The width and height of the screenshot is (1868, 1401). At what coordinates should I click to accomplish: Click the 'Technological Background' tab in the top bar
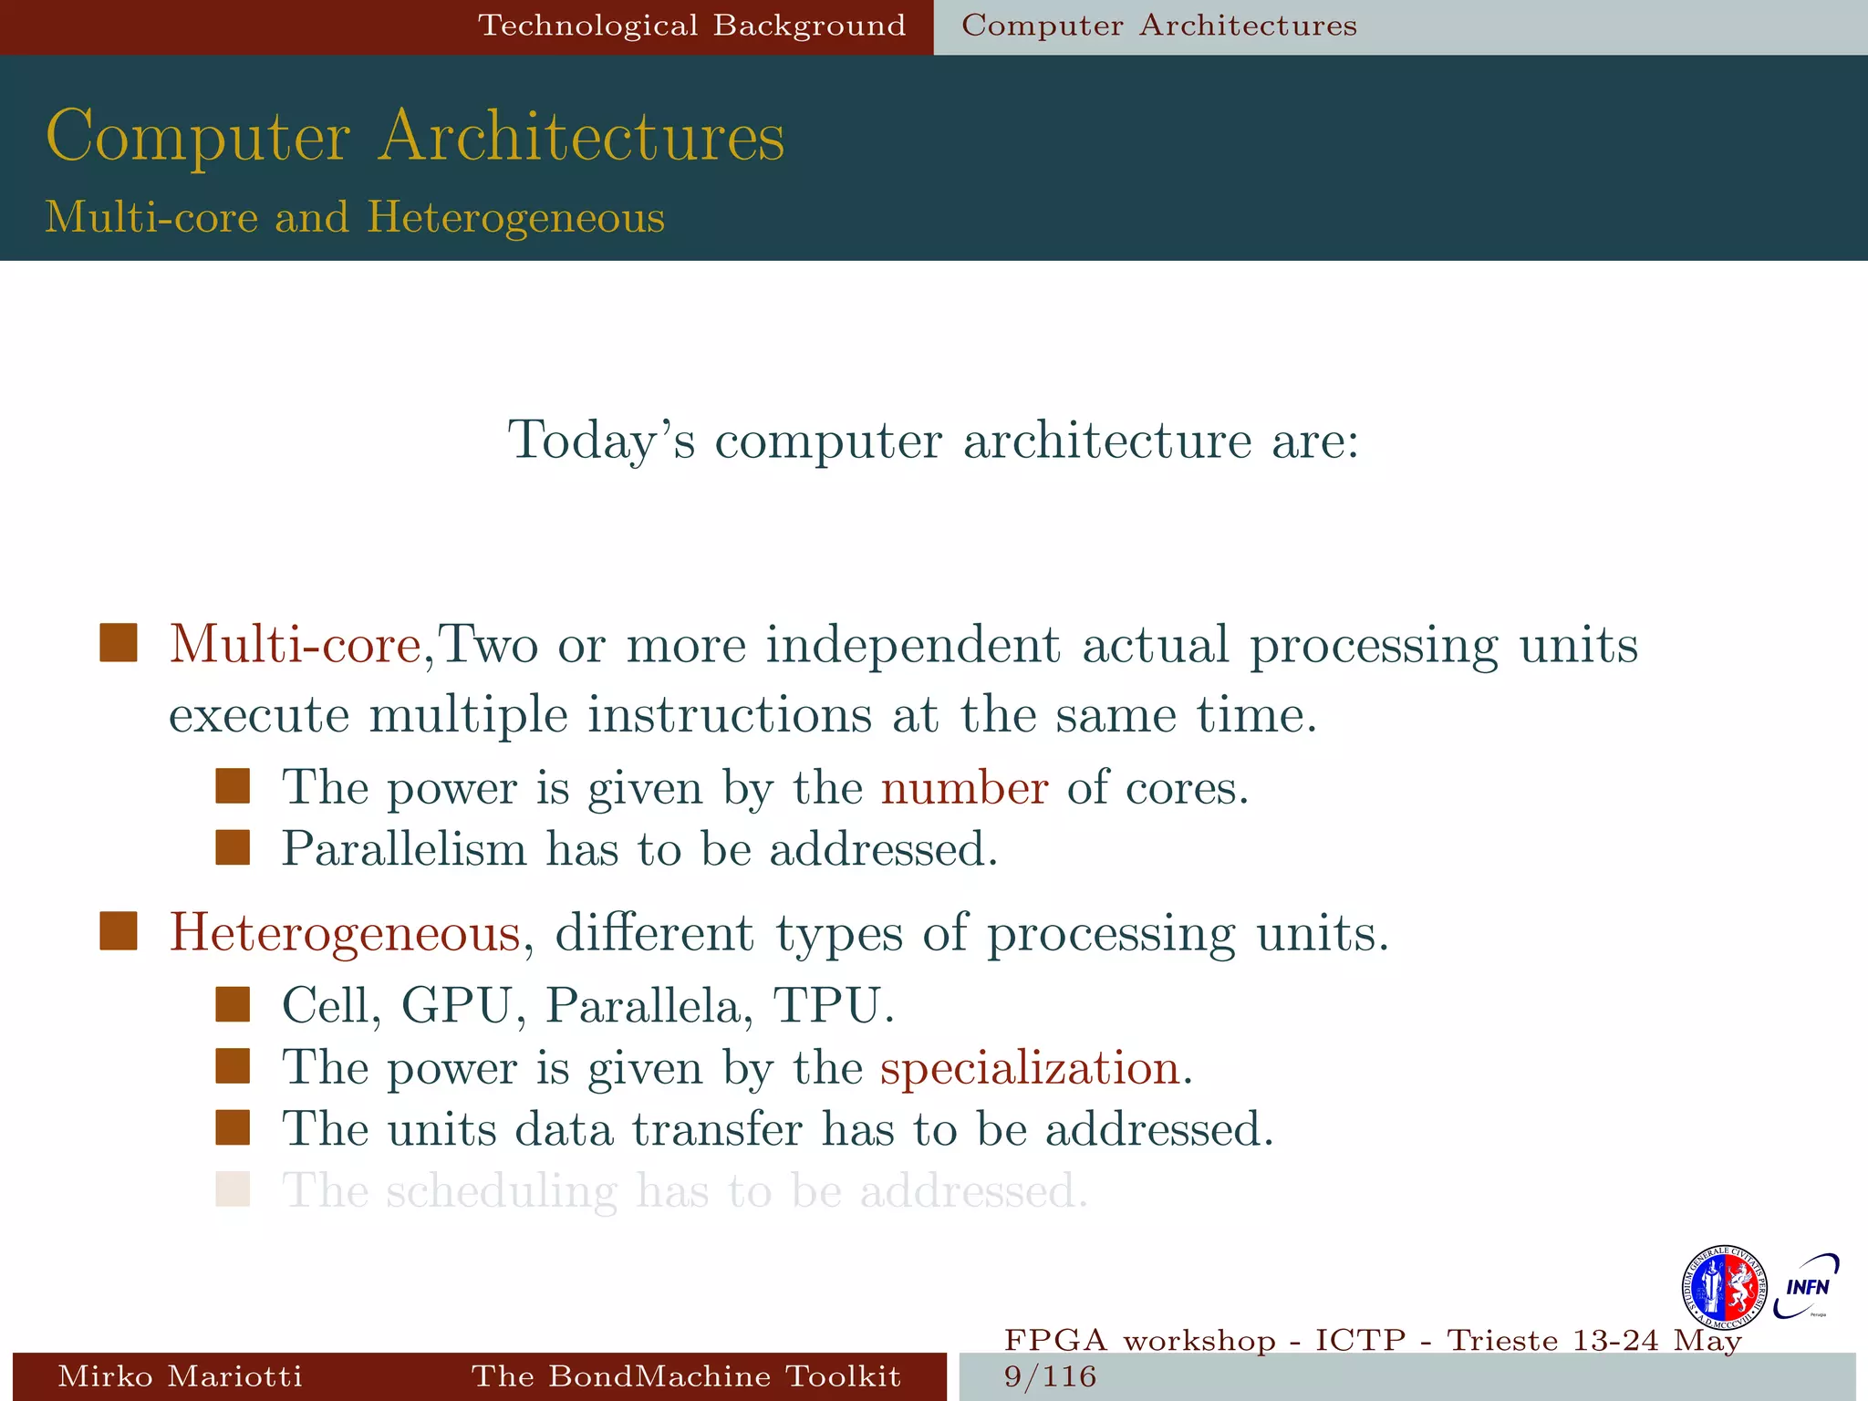[x=691, y=26]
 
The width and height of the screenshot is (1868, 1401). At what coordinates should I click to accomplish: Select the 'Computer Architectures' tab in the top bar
[x=1158, y=26]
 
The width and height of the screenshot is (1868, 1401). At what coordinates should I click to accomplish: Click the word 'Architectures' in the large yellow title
[x=581, y=137]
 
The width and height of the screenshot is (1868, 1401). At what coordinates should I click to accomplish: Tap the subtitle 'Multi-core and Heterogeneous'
[x=355, y=217]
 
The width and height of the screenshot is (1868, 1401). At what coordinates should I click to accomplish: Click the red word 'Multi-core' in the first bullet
[x=295, y=645]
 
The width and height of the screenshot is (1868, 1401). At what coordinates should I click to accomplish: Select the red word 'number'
[x=964, y=788]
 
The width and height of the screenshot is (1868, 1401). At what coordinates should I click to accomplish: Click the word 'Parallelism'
[x=404, y=849]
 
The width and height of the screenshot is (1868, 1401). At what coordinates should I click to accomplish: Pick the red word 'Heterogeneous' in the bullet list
[x=345, y=933]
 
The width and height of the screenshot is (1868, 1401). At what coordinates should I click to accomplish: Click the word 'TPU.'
[x=833, y=1006]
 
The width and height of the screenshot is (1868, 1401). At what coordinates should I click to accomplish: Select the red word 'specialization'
[x=1030, y=1068]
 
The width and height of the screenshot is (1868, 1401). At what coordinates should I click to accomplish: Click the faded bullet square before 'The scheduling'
[x=233, y=1189]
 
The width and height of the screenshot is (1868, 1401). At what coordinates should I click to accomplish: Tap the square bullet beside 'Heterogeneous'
[x=119, y=931]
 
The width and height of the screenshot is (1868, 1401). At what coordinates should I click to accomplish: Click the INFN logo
[x=1806, y=1286]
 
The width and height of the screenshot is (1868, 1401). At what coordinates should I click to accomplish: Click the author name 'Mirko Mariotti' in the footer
[x=180, y=1375]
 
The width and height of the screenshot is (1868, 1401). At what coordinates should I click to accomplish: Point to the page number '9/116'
[x=1050, y=1376]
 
